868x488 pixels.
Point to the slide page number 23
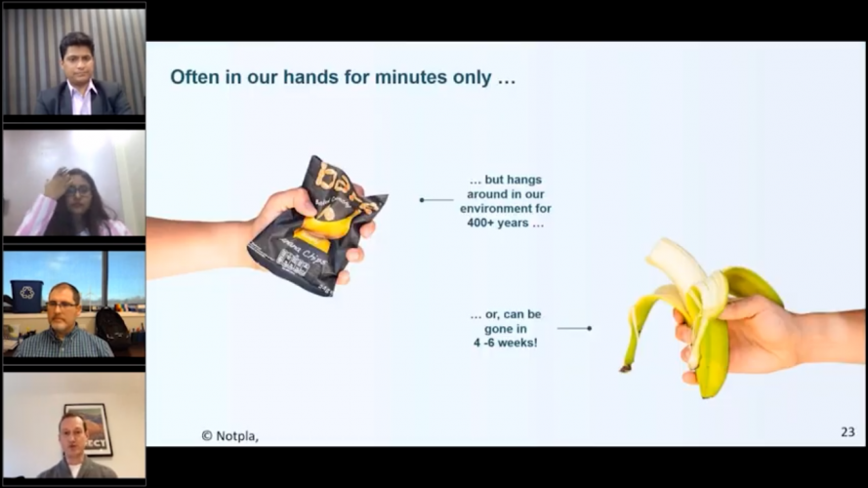(x=847, y=431)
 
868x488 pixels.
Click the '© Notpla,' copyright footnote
(x=229, y=436)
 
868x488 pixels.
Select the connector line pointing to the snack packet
(x=436, y=199)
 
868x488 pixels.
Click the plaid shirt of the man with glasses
(x=63, y=344)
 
